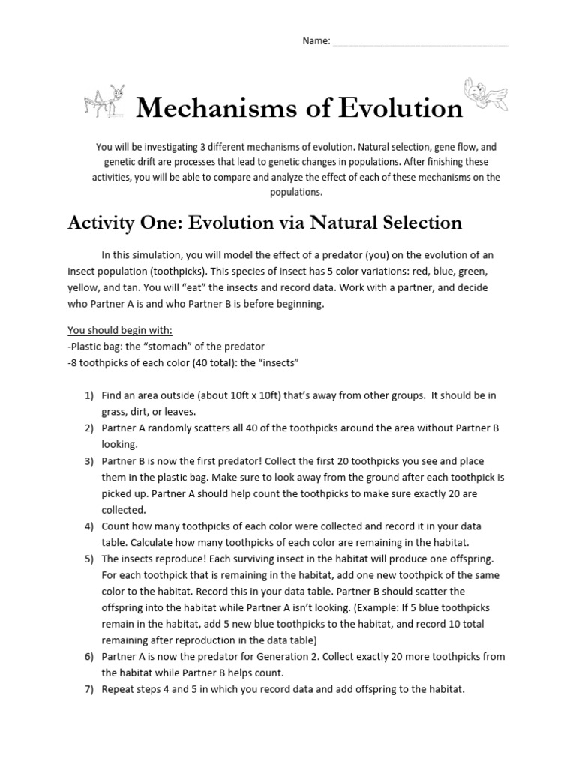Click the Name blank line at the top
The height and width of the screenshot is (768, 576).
coord(420,42)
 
